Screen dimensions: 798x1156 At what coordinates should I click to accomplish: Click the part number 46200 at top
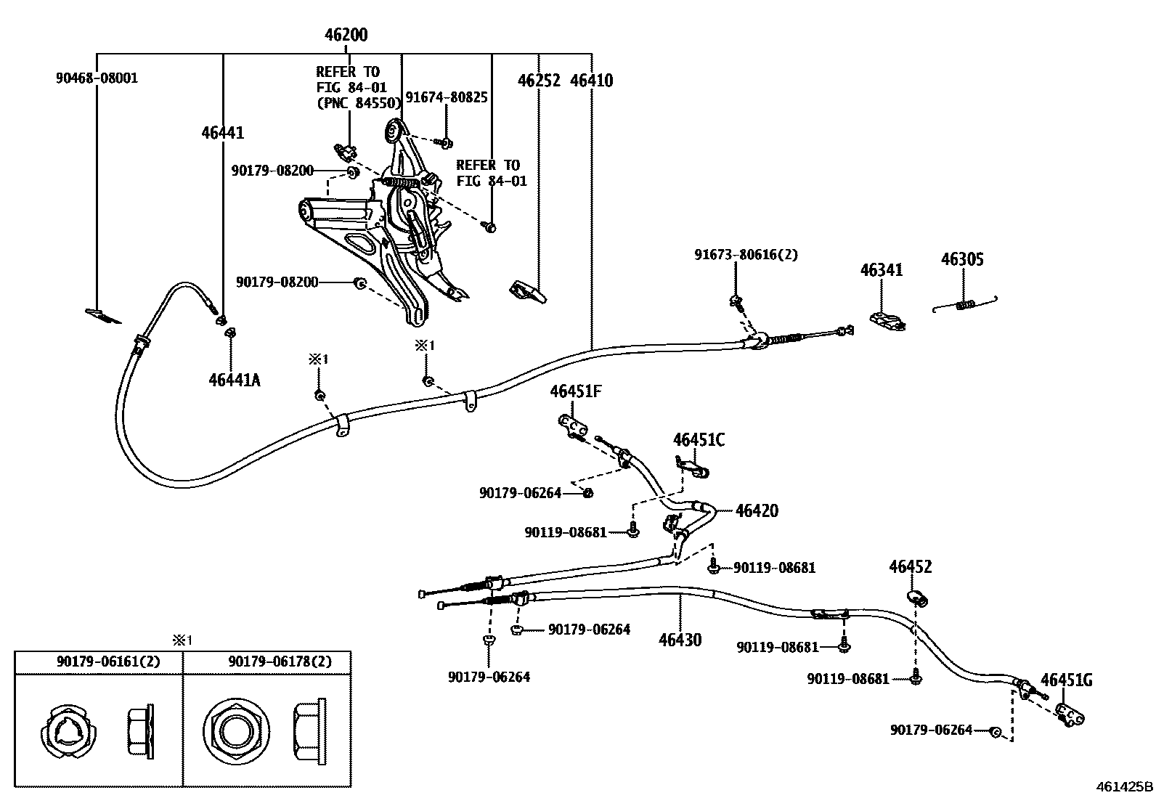click(x=346, y=35)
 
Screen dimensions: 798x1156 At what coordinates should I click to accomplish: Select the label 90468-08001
click(x=97, y=78)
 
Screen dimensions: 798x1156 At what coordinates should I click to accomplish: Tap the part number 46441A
click(x=234, y=380)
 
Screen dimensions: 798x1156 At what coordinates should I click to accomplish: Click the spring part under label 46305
click(x=965, y=304)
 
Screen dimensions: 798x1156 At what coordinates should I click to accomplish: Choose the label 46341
click(x=882, y=270)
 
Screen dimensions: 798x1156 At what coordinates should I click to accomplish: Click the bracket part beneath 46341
click(x=888, y=321)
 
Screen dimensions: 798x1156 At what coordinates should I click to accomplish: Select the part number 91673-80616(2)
click(x=746, y=255)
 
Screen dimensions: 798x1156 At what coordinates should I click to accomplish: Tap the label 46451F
click(x=576, y=392)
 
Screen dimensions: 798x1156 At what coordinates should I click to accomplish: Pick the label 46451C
click(x=699, y=440)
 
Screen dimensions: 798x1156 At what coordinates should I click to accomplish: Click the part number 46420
click(x=757, y=510)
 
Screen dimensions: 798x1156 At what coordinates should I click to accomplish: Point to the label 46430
click(x=680, y=640)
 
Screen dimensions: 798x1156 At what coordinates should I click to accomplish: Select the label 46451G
click(x=1066, y=680)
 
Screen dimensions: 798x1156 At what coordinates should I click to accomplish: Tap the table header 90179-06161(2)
click(x=108, y=661)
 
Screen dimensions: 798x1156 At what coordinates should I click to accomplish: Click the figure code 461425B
click(x=1123, y=787)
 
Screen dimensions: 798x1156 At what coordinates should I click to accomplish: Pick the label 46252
click(x=539, y=81)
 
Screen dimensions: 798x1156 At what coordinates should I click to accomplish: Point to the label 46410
click(x=591, y=81)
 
